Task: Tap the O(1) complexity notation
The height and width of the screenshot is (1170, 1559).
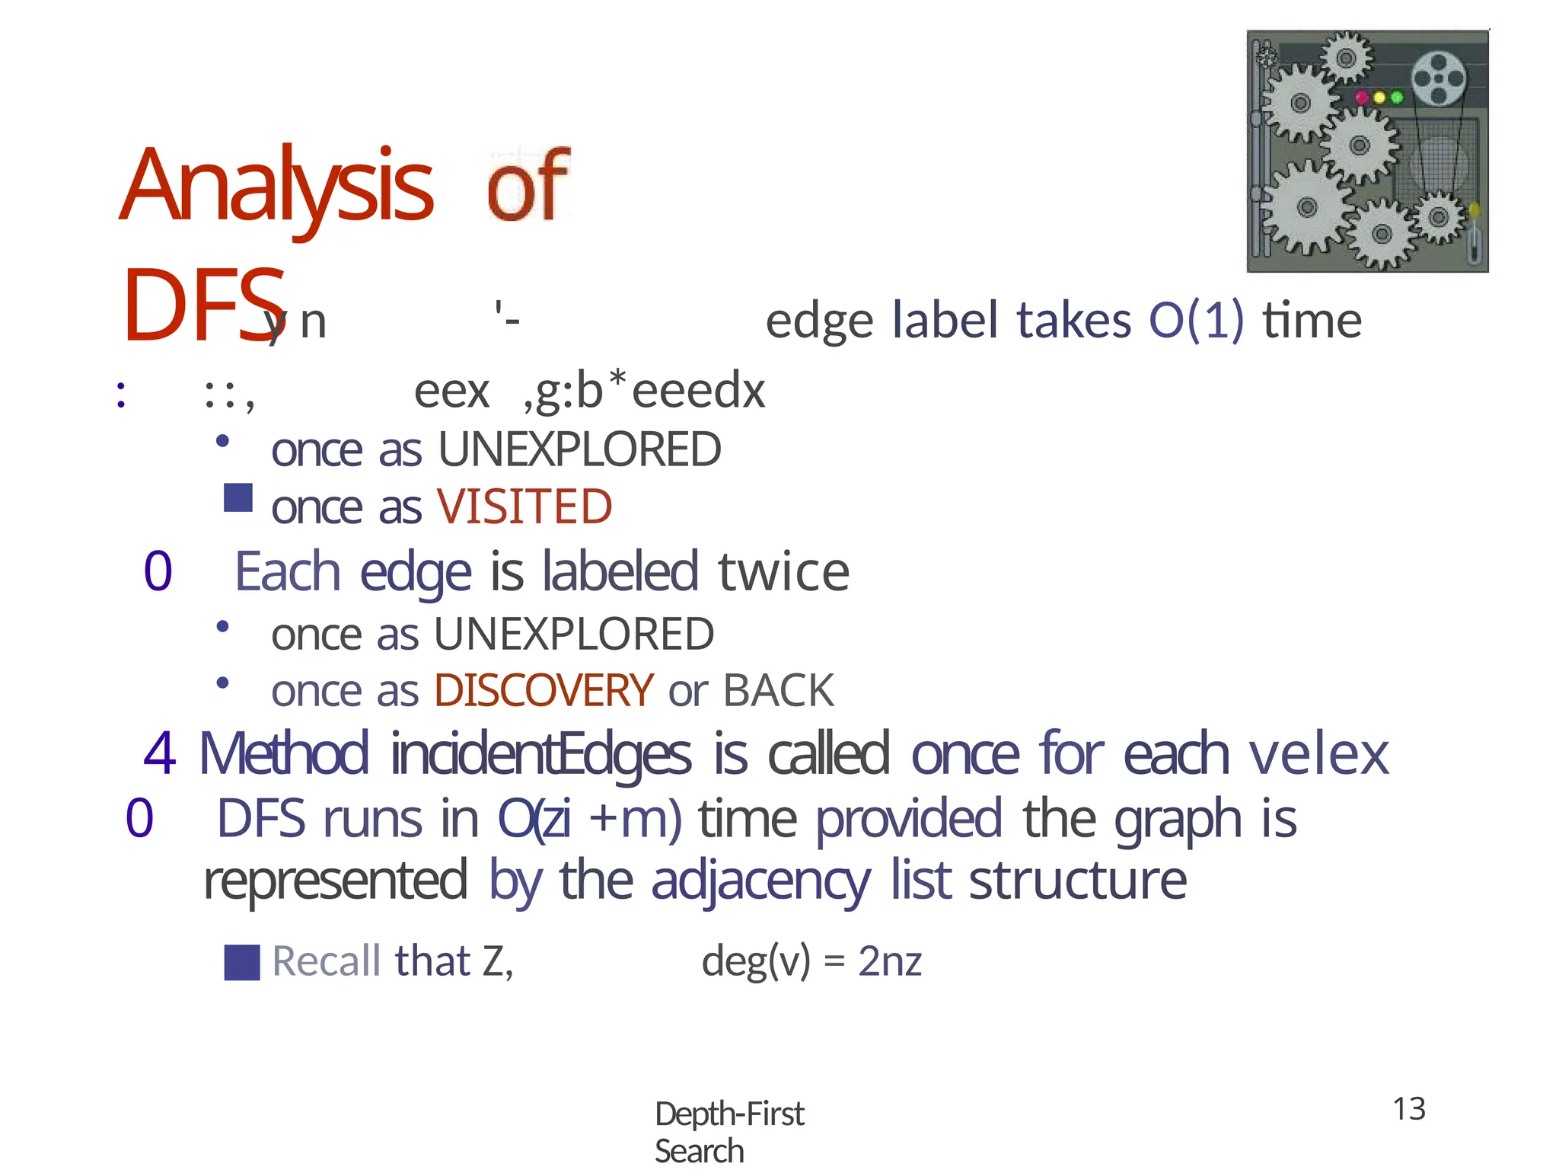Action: coord(1196,320)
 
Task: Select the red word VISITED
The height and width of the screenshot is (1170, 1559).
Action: coord(524,507)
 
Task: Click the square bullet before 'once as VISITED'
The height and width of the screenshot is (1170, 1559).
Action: coord(238,498)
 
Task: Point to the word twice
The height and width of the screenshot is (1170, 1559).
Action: coord(783,572)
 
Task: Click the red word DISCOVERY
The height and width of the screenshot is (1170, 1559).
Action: coord(544,690)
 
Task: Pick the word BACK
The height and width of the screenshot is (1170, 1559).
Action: coord(778,690)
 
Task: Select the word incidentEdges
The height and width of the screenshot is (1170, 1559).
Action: coord(541,754)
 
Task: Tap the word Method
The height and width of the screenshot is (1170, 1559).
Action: coord(284,754)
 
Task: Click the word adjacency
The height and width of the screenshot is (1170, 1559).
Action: coord(760,881)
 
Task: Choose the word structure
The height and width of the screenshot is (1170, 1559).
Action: coord(1077,881)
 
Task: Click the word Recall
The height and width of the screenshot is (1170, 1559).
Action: coord(326,961)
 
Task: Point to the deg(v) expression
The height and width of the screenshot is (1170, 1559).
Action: coord(756,961)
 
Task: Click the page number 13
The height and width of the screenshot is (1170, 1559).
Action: coord(1409,1109)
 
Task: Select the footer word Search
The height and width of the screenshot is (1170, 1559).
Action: coord(699,1151)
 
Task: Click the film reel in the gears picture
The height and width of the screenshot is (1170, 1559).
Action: coord(1438,78)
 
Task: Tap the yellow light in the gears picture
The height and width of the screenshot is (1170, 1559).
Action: coord(1379,97)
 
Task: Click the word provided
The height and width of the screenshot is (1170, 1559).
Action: coord(909,819)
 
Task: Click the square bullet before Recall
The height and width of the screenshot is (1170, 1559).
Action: coord(242,962)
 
